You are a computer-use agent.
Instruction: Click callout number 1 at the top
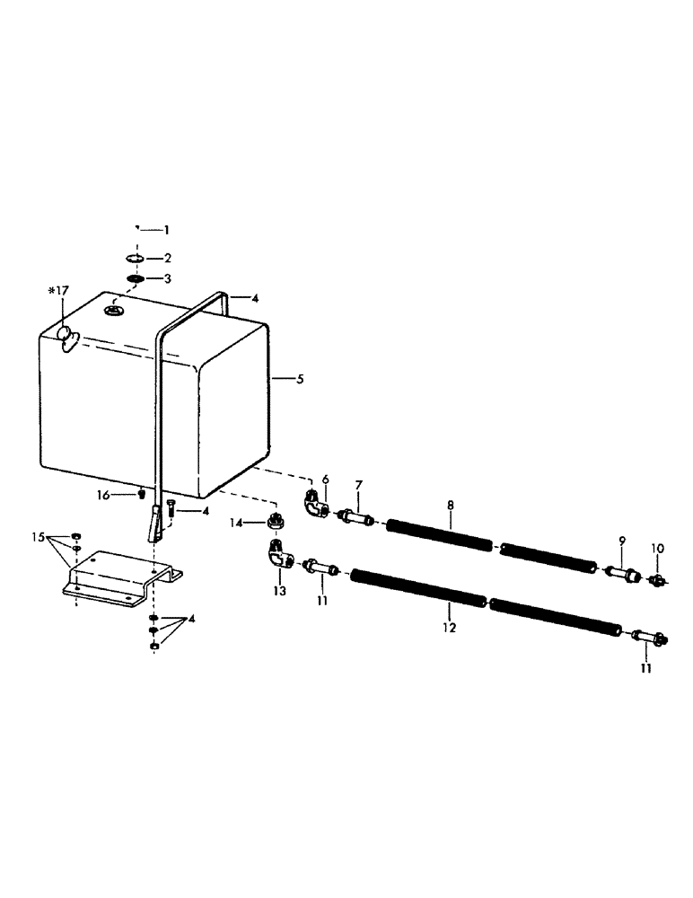[x=165, y=230]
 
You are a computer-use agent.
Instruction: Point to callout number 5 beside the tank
[x=300, y=380]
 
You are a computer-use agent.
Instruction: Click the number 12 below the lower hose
[x=448, y=629]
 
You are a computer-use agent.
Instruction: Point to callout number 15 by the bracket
[x=37, y=537]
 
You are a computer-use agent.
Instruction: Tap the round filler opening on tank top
[x=114, y=311]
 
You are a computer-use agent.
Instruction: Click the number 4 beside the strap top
[x=255, y=297]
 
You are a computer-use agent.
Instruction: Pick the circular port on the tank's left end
[x=66, y=336]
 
